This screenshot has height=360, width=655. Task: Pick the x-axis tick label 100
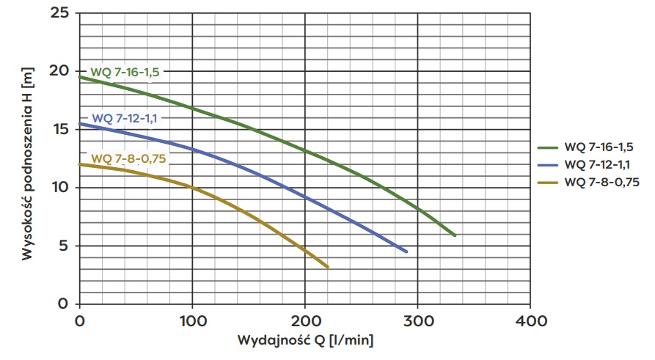click(192, 320)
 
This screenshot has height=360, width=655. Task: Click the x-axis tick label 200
click(305, 320)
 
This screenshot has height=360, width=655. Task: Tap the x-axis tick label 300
click(417, 320)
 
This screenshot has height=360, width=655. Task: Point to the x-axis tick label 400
click(530, 320)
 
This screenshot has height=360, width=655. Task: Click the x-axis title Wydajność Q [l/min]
click(305, 341)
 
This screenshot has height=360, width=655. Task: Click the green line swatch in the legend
click(548, 147)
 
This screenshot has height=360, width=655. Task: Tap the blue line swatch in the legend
click(548, 164)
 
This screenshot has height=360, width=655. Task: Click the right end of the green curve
click(455, 235)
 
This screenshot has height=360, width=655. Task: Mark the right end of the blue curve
click(406, 251)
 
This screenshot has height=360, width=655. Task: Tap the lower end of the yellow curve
click(327, 267)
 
